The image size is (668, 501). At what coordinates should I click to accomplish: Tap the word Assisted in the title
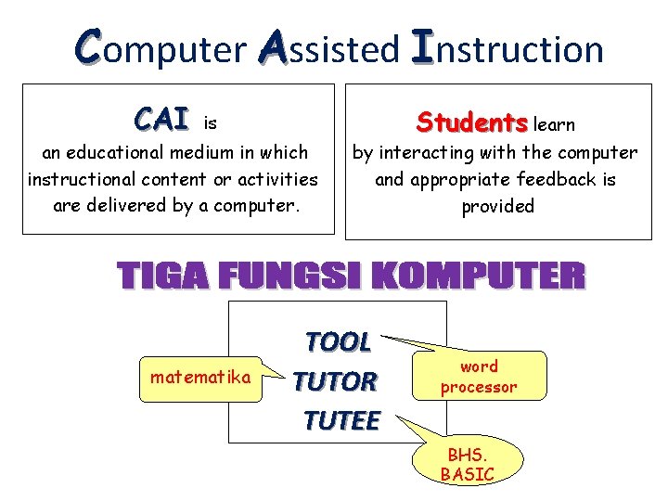(328, 48)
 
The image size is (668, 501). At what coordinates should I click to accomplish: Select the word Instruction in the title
(507, 48)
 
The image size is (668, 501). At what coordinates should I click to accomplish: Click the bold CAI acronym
(161, 120)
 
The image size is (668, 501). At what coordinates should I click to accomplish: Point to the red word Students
(472, 122)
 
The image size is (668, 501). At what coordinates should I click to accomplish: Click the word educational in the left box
(120, 152)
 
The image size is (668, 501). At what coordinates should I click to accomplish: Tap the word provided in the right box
(498, 206)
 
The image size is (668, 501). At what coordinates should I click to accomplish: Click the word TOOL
(339, 342)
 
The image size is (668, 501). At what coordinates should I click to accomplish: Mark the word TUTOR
(335, 381)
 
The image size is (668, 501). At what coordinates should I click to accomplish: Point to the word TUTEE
(340, 421)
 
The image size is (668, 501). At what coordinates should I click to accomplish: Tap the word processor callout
(479, 377)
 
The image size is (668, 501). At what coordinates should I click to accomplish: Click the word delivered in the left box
(135, 206)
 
